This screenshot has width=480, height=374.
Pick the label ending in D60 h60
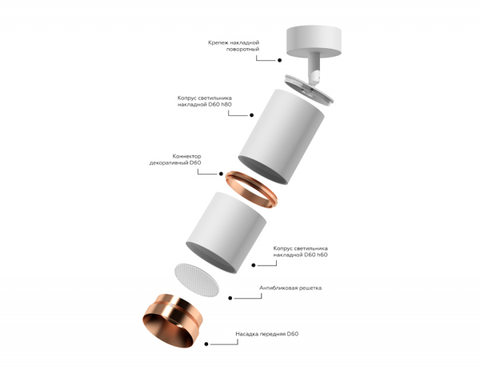click(x=299, y=251)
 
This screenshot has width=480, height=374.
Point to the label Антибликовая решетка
click(x=290, y=287)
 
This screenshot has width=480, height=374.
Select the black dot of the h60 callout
click(x=254, y=264)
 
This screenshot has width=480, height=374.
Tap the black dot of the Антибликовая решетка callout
click(x=230, y=298)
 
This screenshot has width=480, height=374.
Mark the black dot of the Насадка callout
click(x=207, y=345)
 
